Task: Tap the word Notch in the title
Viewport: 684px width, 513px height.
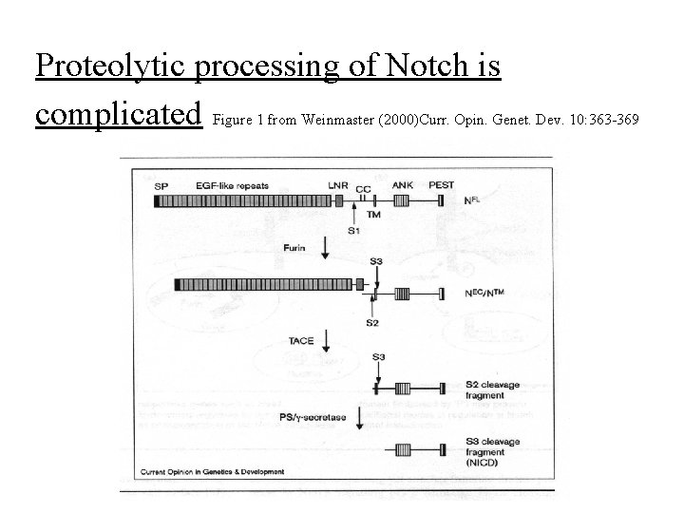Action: click(419, 66)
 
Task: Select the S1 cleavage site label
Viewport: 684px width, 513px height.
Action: click(353, 230)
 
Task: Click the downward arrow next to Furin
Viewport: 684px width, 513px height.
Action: click(327, 249)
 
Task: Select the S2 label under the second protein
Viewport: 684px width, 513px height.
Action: click(373, 323)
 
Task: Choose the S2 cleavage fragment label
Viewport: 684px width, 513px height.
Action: click(492, 389)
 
